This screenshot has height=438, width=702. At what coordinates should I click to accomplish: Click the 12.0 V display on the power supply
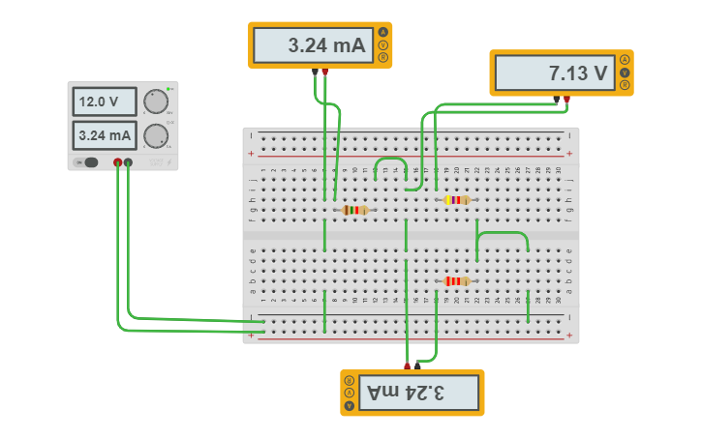[102, 102]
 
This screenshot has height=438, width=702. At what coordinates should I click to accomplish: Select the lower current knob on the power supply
[155, 136]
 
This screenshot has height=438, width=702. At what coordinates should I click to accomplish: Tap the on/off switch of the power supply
[90, 162]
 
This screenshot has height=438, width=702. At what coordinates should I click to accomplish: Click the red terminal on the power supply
[118, 162]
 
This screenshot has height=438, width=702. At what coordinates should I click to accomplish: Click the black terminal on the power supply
[129, 162]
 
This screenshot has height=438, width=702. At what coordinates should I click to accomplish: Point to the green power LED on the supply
[168, 89]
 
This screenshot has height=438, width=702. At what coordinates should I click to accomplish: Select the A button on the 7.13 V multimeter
[625, 60]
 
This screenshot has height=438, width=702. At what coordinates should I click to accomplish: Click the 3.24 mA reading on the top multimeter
[313, 45]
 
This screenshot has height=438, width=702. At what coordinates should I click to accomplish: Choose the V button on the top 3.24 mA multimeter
[383, 45]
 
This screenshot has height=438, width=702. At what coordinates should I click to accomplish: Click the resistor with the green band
[354, 210]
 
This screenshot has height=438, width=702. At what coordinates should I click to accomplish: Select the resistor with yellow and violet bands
[456, 200]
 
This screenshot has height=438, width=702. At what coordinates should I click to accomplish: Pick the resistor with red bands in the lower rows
[456, 281]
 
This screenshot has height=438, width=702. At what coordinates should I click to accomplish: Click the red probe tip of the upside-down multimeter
[407, 365]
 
